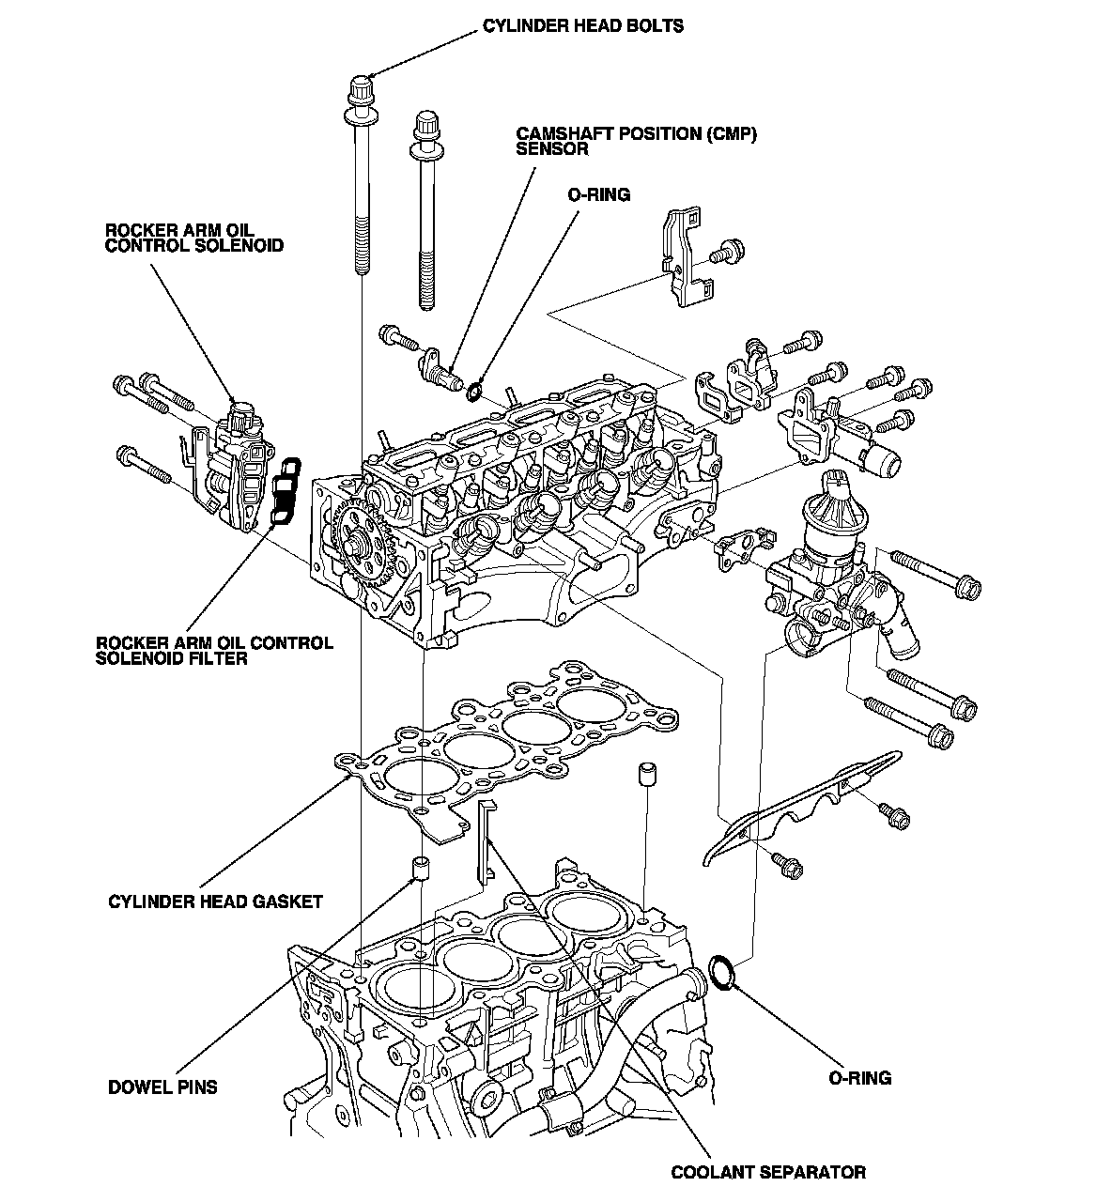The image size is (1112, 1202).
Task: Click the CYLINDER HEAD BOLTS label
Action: (x=583, y=25)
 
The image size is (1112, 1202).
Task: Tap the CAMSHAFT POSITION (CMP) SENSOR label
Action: (x=636, y=141)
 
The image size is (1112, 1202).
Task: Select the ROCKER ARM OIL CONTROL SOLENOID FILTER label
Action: (x=214, y=651)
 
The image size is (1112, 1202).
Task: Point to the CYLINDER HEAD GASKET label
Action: (x=215, y=901)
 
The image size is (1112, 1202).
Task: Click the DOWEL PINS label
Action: (x=162, y=1087)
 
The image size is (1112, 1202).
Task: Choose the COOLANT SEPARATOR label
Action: (x=768, y=1171)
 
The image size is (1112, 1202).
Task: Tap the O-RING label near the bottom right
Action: (x=859, y=1077)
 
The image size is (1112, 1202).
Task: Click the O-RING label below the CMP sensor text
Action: (x=598, y=194)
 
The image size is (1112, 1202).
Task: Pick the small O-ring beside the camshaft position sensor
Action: (x=476, y=389)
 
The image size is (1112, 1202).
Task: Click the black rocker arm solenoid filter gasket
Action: (x=285, y=490)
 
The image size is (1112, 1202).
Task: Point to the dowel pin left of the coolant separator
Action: (x=422, y=869)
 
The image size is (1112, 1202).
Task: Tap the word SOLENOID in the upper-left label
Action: (x=242, y=245)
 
